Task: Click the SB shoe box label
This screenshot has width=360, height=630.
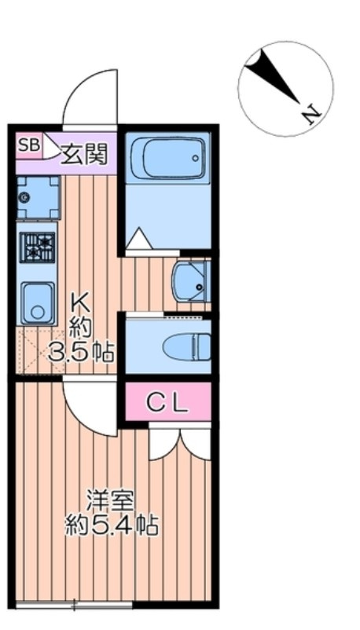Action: (x=29, y=145)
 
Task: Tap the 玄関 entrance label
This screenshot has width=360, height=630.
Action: (x=84, y=154)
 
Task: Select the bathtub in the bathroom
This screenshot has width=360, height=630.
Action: (x=167, y=157)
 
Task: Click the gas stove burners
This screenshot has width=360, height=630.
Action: (x=38, y=247)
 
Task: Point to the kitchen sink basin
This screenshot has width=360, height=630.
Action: (x=38, y=302)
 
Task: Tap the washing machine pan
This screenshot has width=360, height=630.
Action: (x=39, y=197)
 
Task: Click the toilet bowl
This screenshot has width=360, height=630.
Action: (x=187, y=346)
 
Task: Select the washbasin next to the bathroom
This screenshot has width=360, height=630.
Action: (x=191, y=281)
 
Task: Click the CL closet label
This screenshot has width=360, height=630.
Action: (x=167, y=402)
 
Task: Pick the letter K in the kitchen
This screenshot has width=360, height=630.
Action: (x=81, y=303)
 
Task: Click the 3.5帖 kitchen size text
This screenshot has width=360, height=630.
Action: (x=81, y=352)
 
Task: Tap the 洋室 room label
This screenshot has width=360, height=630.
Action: (x=111, y=500)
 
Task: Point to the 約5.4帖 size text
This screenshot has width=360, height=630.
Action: (x=111, y=526)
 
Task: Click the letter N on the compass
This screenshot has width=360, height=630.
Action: (x=312, y=115)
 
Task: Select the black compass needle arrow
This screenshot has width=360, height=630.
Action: (x=274, y=75)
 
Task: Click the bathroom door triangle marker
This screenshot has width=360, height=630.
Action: (x=139, y=239)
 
